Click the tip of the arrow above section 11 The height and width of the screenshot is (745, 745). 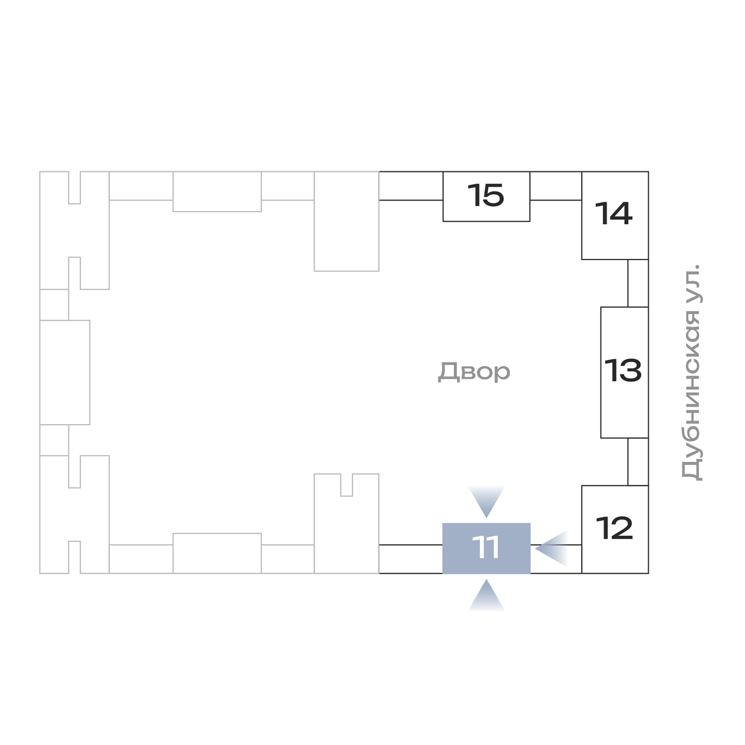click(486, 518)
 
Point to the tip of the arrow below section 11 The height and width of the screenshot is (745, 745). click(486, 579)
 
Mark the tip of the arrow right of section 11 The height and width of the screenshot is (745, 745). click(535, 548)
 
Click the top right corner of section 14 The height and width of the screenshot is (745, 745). click(648, 171)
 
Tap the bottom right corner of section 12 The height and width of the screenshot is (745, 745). click(648, 573)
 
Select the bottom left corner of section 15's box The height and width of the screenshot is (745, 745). click(443, 221)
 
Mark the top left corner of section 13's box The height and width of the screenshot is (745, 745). click(601, 307)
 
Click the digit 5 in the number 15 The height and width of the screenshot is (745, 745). click(493, 195)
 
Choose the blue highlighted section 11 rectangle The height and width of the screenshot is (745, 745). click(486, 548)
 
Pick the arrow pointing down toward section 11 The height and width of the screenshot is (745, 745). click(486, 502)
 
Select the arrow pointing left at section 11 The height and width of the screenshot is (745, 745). click(551, 548)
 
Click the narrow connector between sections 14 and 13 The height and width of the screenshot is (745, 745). click(638, 283)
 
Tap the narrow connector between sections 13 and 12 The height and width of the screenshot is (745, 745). click(638, 462)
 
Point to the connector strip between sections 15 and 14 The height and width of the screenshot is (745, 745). click(556, 186)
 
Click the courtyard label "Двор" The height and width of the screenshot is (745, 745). click(474, 371)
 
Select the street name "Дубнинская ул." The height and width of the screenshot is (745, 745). click(692, 372)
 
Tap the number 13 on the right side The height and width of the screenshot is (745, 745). click(623, 370)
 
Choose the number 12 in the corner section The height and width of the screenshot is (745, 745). click(615, 528)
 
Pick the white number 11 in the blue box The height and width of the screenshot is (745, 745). click(485, 548)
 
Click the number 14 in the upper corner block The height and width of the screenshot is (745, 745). click(613, 213)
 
